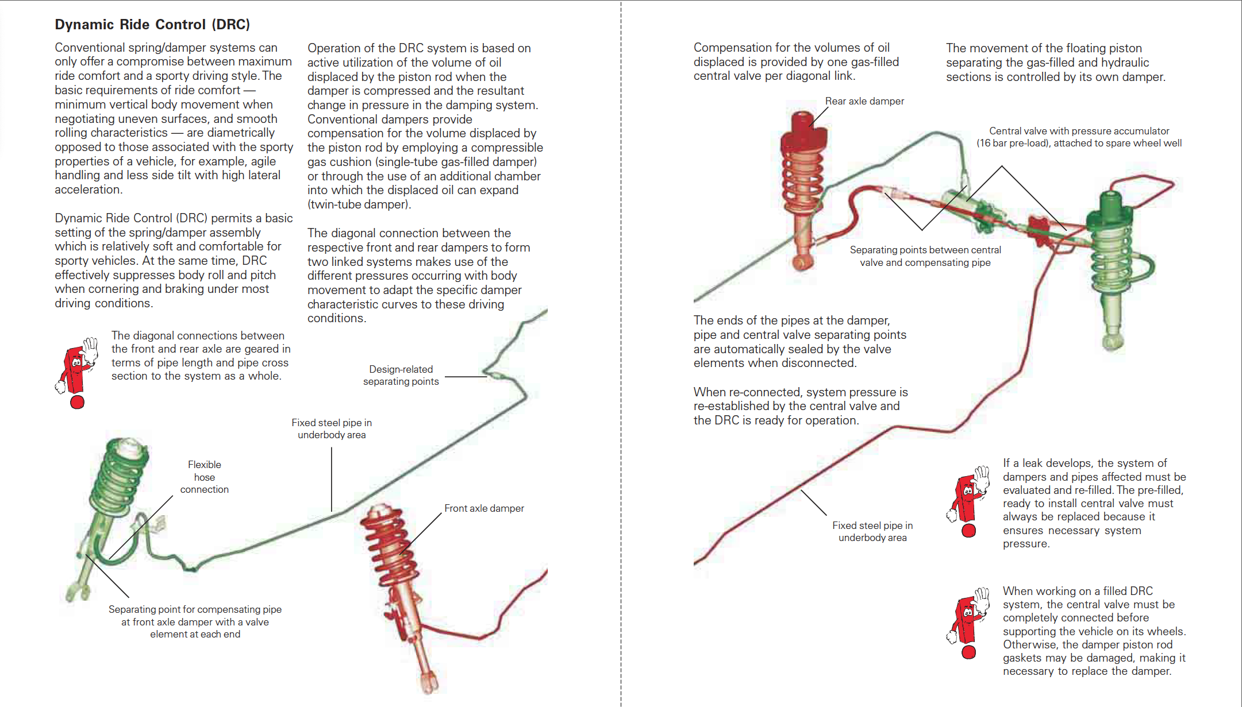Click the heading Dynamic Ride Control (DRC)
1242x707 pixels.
152,24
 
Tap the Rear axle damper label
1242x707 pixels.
864,101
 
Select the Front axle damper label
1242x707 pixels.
484,508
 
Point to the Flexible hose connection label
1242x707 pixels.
205,477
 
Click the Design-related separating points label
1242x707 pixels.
401,375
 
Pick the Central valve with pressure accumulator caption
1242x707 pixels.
1079,137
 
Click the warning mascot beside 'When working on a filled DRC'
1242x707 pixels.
969,623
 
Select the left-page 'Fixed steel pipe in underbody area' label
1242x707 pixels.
332,428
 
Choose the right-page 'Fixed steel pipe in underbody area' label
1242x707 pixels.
872,531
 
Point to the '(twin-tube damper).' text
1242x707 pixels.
359,204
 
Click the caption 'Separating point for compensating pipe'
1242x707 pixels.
195,609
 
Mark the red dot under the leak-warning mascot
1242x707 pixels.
969,531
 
